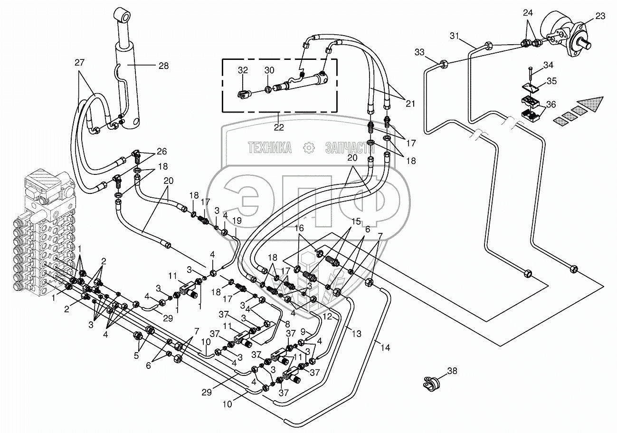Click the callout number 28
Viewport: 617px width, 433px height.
163,66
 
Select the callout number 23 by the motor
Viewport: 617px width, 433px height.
600,16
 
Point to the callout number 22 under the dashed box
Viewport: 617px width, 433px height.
278,127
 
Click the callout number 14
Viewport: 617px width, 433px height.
385,348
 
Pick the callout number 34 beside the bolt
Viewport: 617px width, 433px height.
548,65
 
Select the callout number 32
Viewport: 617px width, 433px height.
243,70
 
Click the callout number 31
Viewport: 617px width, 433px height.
455,36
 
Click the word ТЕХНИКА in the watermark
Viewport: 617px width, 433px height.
270,148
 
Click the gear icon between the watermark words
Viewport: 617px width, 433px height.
309,148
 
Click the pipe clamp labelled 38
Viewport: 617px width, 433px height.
431,382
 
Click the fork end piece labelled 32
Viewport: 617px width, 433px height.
243,95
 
